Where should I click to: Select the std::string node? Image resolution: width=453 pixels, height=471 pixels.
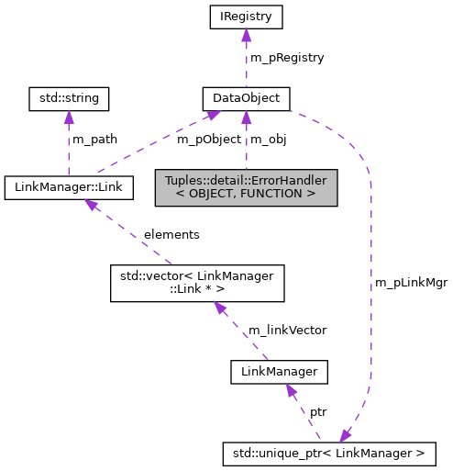click(x=70, y=96)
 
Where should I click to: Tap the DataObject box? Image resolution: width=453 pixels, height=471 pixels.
click(x=246, y=96)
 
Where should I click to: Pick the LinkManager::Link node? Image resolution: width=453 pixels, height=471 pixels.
click(x=70, y=188)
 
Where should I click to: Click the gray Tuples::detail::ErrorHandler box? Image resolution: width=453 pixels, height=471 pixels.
click(x=246, y=187)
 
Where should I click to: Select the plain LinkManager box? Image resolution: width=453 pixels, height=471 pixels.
click(x=279, y=372)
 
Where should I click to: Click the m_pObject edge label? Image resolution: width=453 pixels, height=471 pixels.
click(x=208, y=139)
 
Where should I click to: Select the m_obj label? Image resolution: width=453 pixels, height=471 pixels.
click(x=269, y=139)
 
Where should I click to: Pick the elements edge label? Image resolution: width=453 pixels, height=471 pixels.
click(x=171, y=234)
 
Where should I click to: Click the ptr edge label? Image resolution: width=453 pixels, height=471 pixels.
click(x=318, y=412)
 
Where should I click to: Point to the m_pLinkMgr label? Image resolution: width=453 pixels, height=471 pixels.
click(x=411, y=283)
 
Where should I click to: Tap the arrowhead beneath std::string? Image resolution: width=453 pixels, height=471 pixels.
click(x=70, y=116)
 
